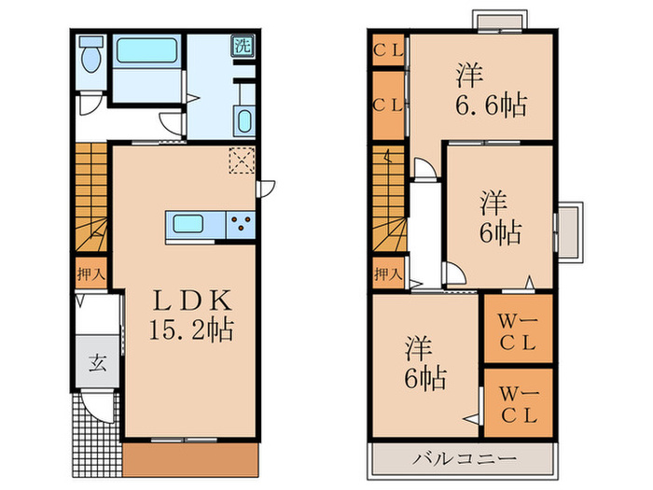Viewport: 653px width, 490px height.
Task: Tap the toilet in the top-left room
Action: click(x=90, y=59)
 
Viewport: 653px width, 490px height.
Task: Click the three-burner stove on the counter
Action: click(x=240, y=224)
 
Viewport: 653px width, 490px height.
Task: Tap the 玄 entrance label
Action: click(x=97, y=362)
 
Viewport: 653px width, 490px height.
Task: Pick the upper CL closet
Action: click(x=388, y=51)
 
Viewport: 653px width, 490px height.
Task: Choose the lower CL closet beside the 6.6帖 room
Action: click(x=388, y=105)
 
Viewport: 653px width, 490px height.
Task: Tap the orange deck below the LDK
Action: click(x=189, y=455)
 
